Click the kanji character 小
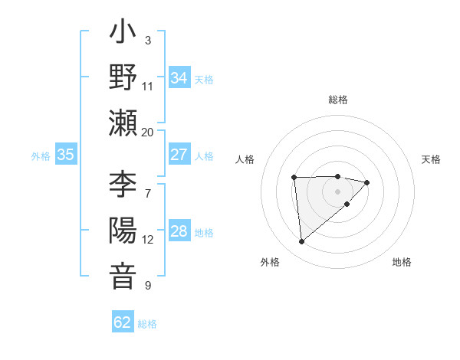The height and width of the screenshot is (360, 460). coord(123,35)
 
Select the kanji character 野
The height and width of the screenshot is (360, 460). coord(123,79)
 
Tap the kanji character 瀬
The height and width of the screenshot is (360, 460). coord(123,123)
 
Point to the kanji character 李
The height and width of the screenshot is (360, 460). coord(123,185)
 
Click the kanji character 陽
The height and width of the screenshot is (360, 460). coord(123,231)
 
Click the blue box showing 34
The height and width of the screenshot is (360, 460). coord(179,78)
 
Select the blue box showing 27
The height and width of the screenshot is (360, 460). coord(179,155)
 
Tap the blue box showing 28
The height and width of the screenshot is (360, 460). coord(179,232)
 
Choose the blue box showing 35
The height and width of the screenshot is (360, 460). coord(66,155)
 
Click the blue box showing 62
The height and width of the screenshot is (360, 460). coord(123,322)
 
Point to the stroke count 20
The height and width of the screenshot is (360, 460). coord(147,132)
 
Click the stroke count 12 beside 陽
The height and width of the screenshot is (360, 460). coord(147,240)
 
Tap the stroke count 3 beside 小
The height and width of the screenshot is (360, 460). coord(147,40)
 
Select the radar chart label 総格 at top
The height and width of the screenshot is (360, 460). coord(338,100)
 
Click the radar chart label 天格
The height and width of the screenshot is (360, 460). coord(432,159)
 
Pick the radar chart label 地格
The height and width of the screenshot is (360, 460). coord(402,262)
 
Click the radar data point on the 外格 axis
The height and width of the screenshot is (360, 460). coord(302,242)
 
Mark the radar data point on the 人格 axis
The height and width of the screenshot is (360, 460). coord(294,178)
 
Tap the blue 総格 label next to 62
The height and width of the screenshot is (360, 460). coord(147,324)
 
